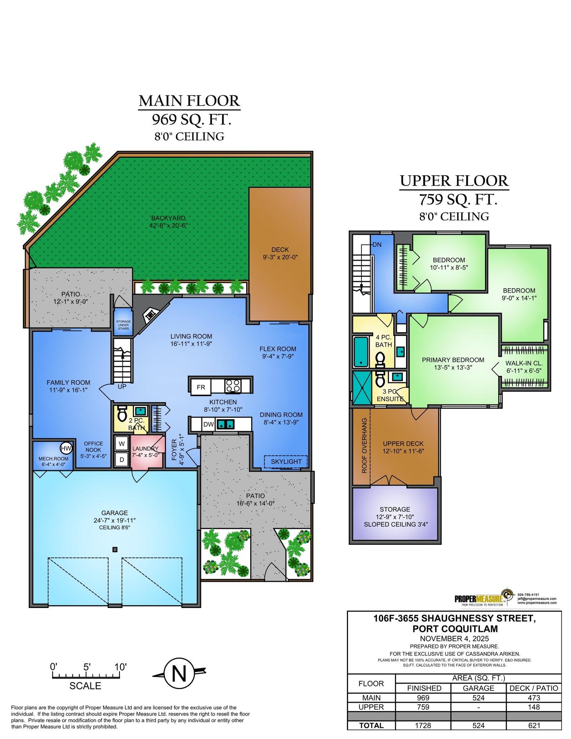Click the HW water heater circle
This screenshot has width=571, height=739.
66,448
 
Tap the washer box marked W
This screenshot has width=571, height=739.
122,444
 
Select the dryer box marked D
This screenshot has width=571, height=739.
122,460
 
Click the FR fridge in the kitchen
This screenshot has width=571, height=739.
201,387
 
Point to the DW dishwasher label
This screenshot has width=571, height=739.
208,424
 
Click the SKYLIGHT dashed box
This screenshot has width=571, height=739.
285,462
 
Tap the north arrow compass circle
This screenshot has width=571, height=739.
179,673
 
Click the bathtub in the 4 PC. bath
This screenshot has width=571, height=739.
361,352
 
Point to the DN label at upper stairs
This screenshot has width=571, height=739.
377,245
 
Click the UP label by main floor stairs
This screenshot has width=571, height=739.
122,386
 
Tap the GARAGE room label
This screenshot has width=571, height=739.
115,513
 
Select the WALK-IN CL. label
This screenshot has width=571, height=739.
524,363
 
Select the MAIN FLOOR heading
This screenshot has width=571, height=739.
189,101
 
